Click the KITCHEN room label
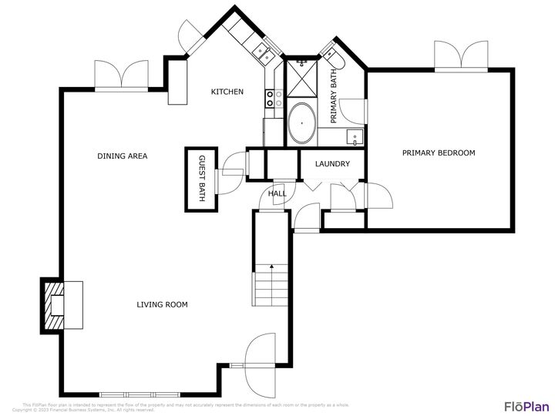pos(227,92)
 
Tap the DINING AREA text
pos(122,156)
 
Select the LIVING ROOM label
pos(162,304)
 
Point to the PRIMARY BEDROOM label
pos(439,153)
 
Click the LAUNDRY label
pos(332,164)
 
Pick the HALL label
pos(277,193)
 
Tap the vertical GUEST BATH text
pos(202,178)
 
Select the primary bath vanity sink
pos(355,138)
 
